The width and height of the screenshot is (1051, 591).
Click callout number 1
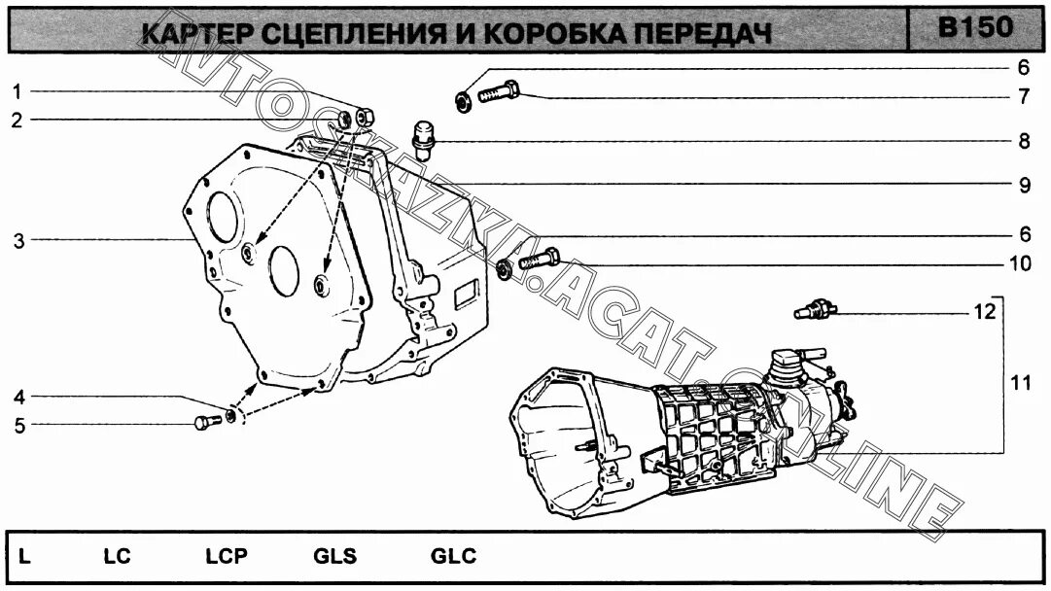(x=17, y=91)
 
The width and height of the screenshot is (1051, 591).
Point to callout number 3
(x=18, y=241)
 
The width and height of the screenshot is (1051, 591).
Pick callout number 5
(x=18, y=425)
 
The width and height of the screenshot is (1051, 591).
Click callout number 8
(x=1024, y=141)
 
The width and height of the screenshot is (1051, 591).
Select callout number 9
(x=1024, y=185)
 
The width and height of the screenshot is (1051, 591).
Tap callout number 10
(x=1019, y=263)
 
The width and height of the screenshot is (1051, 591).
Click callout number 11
(x=1020, y=383)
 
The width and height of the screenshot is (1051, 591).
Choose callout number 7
(x=1024, y=97)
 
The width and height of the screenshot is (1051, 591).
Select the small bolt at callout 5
(x=203, y=423)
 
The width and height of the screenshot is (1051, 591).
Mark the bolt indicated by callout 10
(x=540, y=260)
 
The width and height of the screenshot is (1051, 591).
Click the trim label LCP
(x=227, y=557)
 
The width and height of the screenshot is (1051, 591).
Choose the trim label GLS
(x=334, y=557)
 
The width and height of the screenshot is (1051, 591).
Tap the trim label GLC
(x=453, y=557)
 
